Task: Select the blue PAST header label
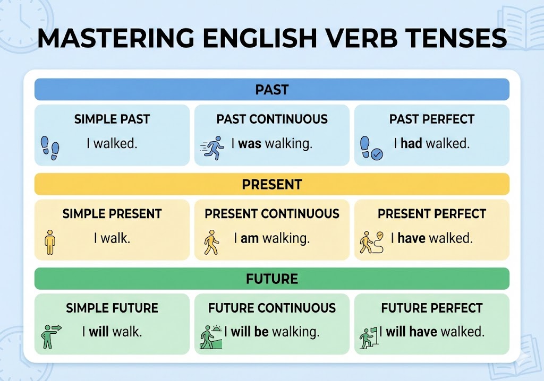click(x=272, y=90)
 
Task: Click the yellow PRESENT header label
click(x=272, y=185)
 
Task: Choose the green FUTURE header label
click(x=272, y=279)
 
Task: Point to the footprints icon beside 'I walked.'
click(x=50, y=148)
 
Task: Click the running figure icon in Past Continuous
click(x=212, y=148)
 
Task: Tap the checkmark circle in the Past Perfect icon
click(x=377, y=154)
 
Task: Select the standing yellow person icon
click(x=50, y=242)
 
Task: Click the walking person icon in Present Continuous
click(x=211, y=243)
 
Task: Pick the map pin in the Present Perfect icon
click(x=380, y=236)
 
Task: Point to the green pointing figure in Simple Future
click(x=51, y=336)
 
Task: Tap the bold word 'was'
click(x=250, y=143)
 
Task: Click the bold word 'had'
click(x=411, y=143)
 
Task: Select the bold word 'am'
click(x=250, y=238)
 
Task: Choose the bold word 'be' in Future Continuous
click(x=261, y=332)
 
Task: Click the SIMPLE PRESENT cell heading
click(x=112, y=213)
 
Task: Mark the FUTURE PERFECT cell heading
click(x=432, y=308)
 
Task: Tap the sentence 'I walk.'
click(x=112, y=238)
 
